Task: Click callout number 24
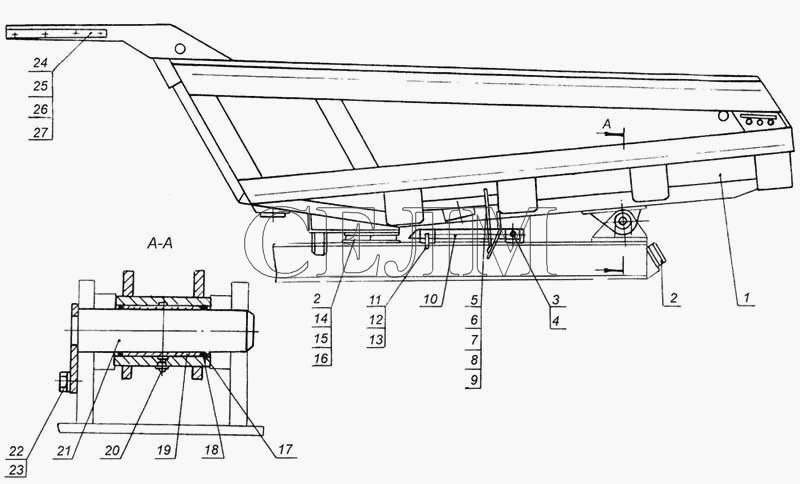(x=40, y=63)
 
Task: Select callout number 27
(x=40, y=133)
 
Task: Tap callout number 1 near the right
(x=746, y=297)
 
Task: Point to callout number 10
(x=431, y=299)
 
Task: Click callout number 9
(x=474, y=380)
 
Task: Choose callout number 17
(x=285, y=449)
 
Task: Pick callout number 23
(x=16, y=469)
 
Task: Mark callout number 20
(x=112, y=450)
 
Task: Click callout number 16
(x=321, y=359)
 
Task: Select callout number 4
(x=556, y=321)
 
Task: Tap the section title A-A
(x=160, y=244)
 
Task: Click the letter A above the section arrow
(x=607, y=123)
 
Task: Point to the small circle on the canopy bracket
(x=180, y=49)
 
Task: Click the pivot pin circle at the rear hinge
(x=623, y=221)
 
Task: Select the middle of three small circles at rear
(x=760, y=122)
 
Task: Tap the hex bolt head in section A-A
(x=64, y=382)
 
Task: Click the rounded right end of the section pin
(x=251, y=331)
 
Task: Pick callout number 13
(x=376, y=340)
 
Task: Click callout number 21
(x=64, y=450)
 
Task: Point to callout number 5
(x=474, y=300)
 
